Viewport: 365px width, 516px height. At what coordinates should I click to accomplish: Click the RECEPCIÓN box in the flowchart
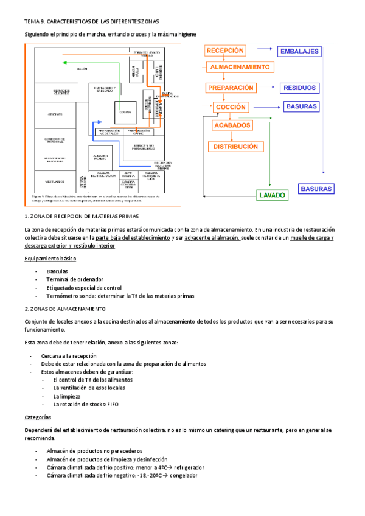click(x=225, y=51)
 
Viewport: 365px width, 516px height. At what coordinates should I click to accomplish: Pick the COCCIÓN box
click(x=231, y=107)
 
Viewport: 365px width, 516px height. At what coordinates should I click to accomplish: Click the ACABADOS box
click(x=232, y=126)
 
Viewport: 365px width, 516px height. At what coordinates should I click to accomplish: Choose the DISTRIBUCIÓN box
click(x=235, y=147)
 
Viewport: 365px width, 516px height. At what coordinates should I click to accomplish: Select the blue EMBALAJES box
click(x=299, y=51)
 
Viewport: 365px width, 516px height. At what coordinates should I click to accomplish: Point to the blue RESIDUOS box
click(x=299, y=88)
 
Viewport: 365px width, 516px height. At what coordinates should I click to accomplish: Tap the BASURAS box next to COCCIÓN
click(x=301, y=106)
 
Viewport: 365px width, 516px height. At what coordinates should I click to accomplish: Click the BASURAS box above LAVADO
click(x=316, y=189)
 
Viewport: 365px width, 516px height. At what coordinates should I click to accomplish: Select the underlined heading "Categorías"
click(x=38, y=418)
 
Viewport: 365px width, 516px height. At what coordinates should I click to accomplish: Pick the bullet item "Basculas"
click(x=57, y=271)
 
